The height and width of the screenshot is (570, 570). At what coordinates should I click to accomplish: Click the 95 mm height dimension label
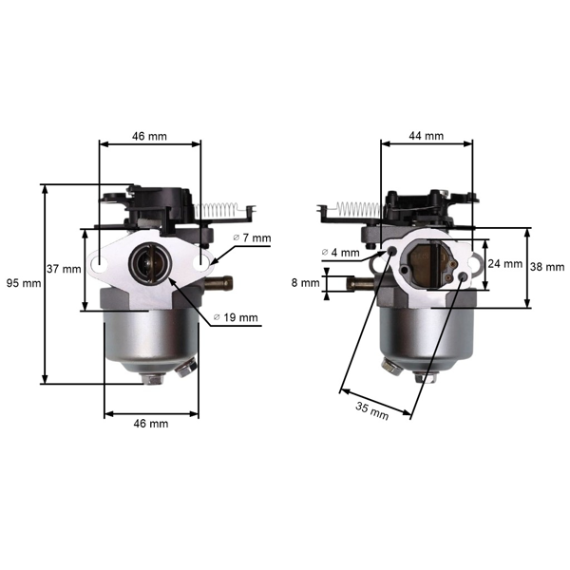22,283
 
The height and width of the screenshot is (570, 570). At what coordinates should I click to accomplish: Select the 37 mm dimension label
64,269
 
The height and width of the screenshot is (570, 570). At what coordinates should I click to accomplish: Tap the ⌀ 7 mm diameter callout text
252,237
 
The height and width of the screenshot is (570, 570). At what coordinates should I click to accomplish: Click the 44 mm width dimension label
426,136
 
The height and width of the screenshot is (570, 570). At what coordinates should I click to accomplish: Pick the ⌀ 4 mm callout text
341,253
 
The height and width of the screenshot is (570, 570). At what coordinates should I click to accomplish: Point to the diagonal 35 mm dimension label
372,411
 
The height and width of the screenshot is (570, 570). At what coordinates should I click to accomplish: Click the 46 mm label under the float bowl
150,423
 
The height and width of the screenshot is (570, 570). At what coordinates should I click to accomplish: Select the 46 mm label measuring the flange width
149,136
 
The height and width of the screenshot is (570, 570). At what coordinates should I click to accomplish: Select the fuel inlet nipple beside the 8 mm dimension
359,282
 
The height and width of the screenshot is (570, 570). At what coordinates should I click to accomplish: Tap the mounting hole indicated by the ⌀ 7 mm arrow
200,257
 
